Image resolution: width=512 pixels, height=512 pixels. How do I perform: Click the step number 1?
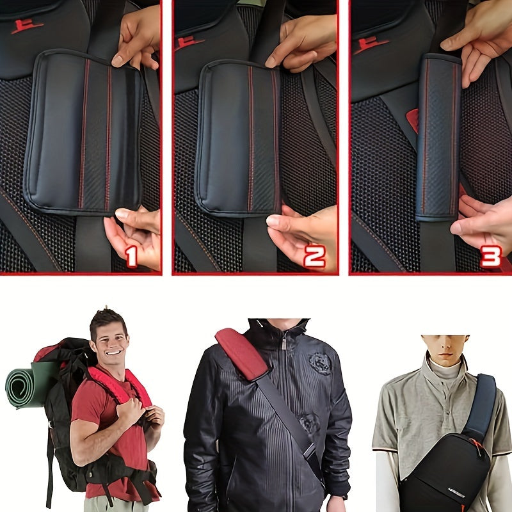point(131,257)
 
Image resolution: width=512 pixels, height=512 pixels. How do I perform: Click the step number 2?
point(314,256)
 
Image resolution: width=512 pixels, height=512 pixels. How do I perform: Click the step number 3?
point(490,256)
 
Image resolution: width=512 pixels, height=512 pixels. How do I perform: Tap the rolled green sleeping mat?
point(26,386)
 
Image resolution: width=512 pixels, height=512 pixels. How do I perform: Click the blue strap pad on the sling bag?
point(481,406)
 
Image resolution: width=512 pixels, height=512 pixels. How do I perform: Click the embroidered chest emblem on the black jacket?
point(320,363)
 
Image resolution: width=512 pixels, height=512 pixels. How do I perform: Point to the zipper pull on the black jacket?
point(284,342)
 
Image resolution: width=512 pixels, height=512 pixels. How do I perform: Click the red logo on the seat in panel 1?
point(27,26)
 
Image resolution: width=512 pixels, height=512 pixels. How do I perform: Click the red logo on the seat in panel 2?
point(189,42)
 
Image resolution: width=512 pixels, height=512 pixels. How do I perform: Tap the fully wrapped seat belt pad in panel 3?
point(438,138)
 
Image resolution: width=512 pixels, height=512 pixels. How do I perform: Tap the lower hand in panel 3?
point(483,221)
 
